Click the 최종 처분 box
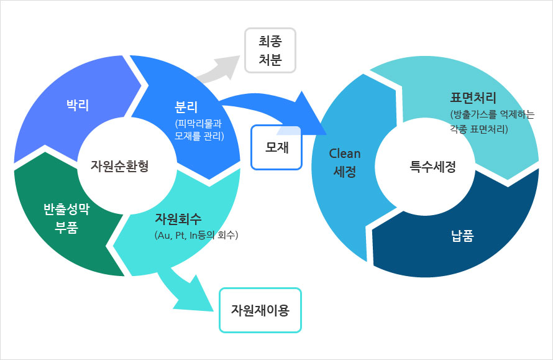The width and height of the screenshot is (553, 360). [270, 50]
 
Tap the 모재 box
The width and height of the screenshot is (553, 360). [276, 148]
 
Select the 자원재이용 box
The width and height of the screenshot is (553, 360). [260, 310]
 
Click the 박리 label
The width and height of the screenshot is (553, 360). [78, 105]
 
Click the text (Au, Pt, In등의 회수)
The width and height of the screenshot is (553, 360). [196, 235]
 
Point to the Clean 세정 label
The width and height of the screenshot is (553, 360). [345, 163]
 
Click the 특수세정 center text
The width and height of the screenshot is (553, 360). [432, 167]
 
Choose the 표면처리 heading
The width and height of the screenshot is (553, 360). [473, 98]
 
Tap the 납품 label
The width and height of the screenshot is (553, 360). [462, 236]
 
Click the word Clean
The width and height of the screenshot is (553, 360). [345, 154]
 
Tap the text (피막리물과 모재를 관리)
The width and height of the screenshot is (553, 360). [199, 128]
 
